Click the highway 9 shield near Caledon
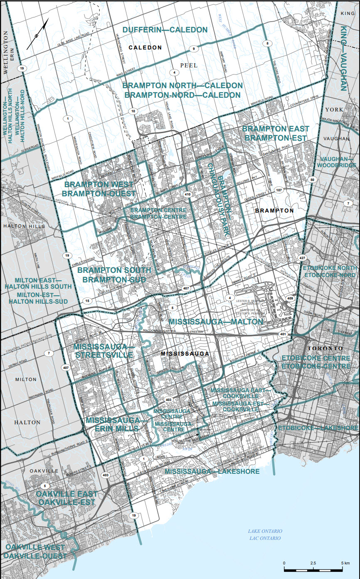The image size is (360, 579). pyautogui.click(x=193, y=49)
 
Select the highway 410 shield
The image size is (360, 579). pyautogui.click(x=187, y=194)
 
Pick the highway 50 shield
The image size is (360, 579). pyautogui.click(x=312, y=180)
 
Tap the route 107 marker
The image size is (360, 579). pyautogui.click(x=279, y=190)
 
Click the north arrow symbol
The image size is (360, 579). pyautogui.click(x=37, y=34)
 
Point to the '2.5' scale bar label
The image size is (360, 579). pyautogui.click(x=313, y=563)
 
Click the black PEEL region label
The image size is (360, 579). pyautogui.click(x=189, y=66)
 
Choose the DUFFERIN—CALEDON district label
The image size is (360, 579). pyautogui.click(x=165, y=30)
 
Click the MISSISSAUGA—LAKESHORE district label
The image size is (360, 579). pyautogui.click(x=212, y=471)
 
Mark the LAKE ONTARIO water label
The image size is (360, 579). pyautogui.click(x=265, y=531)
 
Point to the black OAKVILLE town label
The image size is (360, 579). pyautogui.click(x=44, y=470)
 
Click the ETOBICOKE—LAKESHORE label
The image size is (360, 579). pyautogui.click(x=318, y=428)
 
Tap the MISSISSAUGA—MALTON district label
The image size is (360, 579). pyautogui.click(x=216, y=322)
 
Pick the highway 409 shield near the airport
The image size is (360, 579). pyautogui.click(x=290, y=298)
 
